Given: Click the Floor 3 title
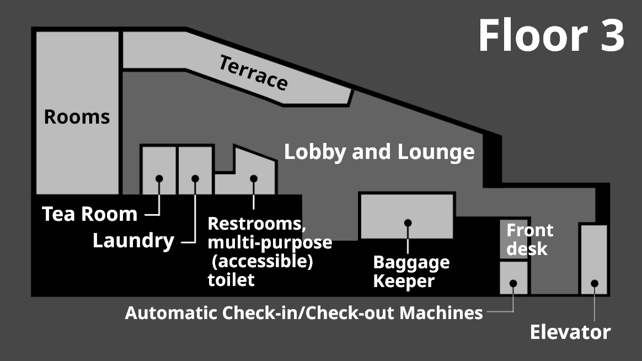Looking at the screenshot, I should pos(551,35).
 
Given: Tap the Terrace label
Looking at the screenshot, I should pos(253,72).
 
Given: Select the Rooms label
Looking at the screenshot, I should pos(77,117).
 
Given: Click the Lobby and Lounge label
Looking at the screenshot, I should pos(379,152).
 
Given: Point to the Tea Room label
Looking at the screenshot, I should pos(89,214).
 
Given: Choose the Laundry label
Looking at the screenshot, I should pos(133,241).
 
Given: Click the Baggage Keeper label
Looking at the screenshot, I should pos(411,271).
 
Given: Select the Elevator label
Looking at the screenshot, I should pos(570,332).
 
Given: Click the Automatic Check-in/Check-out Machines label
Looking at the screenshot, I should pos(304,312).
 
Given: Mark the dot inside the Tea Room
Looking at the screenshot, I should pos(159,178).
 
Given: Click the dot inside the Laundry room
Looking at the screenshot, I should pos(195,178).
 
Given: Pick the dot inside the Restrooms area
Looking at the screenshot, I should pos(254,178).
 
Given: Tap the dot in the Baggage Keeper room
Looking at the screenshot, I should pos(408,223).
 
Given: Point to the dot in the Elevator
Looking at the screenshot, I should pos(594,283).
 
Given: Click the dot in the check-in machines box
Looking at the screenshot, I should pos(513,283).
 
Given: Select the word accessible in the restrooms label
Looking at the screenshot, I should pos(263,261).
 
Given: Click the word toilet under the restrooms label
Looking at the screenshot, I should pos(231,279).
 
